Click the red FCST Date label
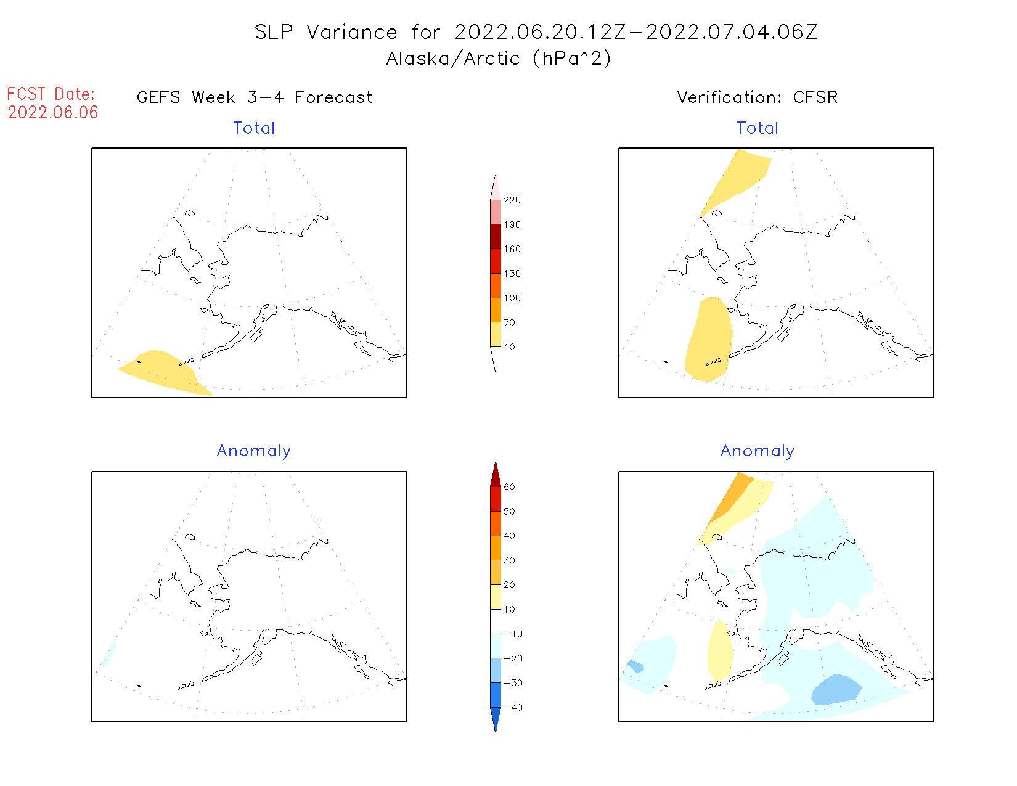(x=51, y=94)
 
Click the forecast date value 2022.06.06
(x=52, y=112)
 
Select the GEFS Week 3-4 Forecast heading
(x=255, y=97)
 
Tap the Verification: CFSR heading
(x=757, y=97)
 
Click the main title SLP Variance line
(x=536, y=32)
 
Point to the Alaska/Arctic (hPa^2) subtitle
(x=499, y=59)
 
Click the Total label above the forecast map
(x=254, y=128)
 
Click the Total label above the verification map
(x=758, y=128)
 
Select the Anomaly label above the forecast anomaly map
(x=254, y=451)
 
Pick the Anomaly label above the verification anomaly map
(x=758, y=451)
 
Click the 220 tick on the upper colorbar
(x=512, y=200)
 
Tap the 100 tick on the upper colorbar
(x=512, y=298)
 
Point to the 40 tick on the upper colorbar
(x=509, y=347)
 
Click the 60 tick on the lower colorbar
(x=509, y=487)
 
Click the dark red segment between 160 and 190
(x=496, y=237)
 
